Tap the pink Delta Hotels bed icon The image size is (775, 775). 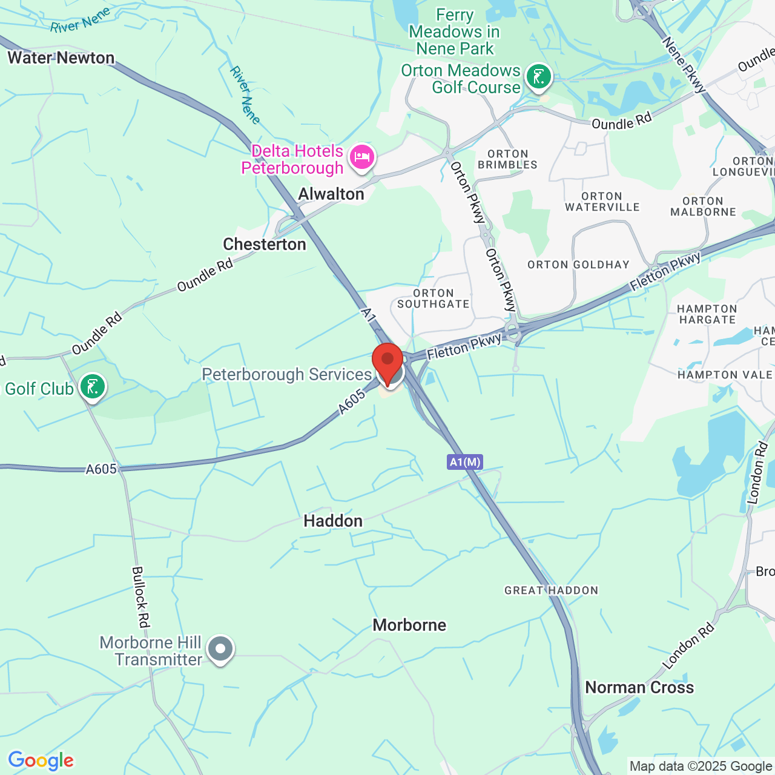pos(362,157)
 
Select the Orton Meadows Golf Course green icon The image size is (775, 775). pos(538,77)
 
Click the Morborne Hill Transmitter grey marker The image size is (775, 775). pos(220,649)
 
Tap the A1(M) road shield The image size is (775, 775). pos(465,463)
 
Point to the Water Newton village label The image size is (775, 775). pos(61,58)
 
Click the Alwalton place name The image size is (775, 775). pos(331,194)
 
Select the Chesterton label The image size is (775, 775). pos(265,244)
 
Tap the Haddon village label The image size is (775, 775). pos(333,521)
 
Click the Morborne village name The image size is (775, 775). pos(409,625)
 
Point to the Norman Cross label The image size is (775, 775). pos(639,688)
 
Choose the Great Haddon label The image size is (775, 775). pos(551,590)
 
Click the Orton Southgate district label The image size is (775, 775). pos(434,298)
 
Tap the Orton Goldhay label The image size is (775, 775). pos(578,265)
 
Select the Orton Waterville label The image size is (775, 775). pos(602,202)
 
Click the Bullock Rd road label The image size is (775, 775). pos(140,597)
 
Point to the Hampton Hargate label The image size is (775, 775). pos(707,314)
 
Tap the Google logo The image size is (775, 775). pos(41,760)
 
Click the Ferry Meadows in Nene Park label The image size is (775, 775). pos(455,31)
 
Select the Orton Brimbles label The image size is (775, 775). pos(507,159)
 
